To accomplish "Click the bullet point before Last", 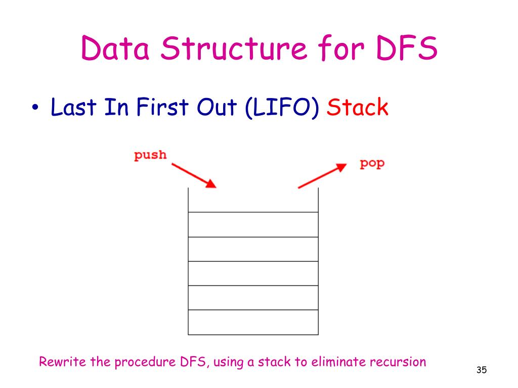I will click(35, 109).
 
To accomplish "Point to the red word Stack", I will click(358, 107).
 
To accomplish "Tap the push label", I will click(150, 155).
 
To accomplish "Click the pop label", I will click(372, 163).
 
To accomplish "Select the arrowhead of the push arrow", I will click(211, 184).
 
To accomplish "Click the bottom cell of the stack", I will click(253, 322).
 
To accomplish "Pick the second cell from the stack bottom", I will click(253, 298).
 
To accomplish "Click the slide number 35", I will click(481, 371).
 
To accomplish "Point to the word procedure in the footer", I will click(141, 362).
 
